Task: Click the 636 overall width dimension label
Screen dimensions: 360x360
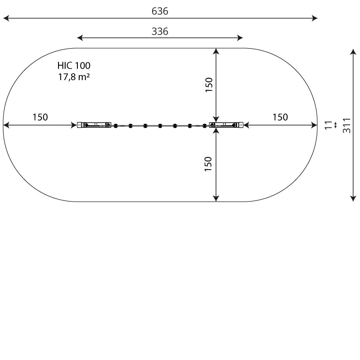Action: click(160, 11)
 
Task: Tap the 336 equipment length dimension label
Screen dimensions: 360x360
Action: click(160, 31)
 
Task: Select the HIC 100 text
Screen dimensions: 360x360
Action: click(74, 66)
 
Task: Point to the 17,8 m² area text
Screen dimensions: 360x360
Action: click(74, 77)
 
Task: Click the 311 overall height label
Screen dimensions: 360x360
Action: click(346, 126)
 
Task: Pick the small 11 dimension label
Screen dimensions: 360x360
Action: click(329, 125)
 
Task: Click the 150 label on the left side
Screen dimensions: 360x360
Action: click(40, 117)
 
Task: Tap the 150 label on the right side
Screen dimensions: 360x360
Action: click(280, 117)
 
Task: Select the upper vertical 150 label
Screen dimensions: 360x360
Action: click(209, 85)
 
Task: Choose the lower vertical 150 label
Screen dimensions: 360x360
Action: click(208, 164)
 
